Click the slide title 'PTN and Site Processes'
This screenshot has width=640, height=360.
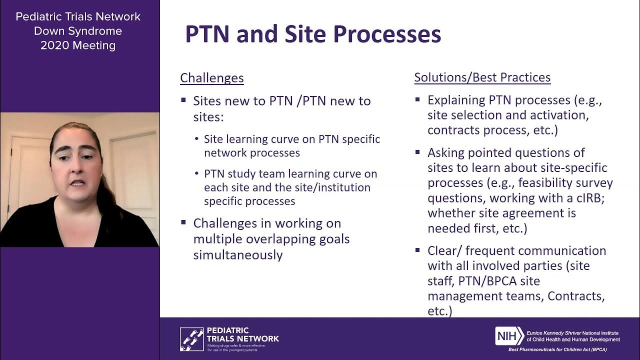pyautogui.click(x=313, y=34)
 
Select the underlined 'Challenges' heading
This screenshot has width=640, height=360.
pyautogui.click(x=211, y=78)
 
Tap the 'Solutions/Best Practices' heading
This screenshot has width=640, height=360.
pyautogui.click(x=482, y=77)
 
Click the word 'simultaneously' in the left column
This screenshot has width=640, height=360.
pyautogui.click(x=238, y=254)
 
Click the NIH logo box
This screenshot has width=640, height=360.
pyautogui.click(x=509, y=336)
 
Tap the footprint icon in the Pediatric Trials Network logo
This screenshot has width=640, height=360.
pyautogui.click(x=191, y=338)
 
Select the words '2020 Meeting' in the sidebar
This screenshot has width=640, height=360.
pyautogui.click(x=78, y=45)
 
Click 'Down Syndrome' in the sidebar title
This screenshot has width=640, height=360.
pyautogui.click(x=78, y=31)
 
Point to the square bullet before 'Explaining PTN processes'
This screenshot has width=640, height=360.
pyautogui.click(x=417, y=99)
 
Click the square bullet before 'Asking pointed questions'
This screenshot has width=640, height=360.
pyautogui.click(x=417, y=152)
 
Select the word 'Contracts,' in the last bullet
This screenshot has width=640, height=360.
pyautogui.click(x=576, y=296)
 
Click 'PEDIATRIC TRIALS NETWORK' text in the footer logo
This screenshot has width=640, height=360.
pyautogui.click(x=242, y=334)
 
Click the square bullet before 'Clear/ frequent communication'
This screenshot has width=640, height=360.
pyautogui.click(x=417, y=250)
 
